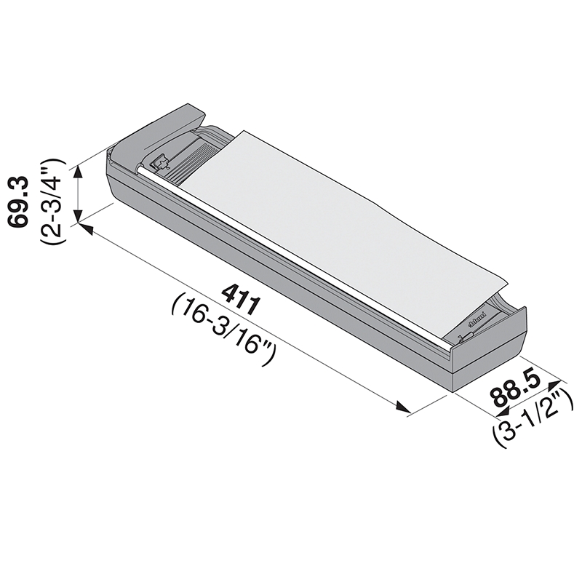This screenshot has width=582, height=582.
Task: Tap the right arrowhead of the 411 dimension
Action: pos(404,408)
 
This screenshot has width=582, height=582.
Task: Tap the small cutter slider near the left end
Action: pos(161,161)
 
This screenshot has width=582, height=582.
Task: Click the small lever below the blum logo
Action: pos(469,335)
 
